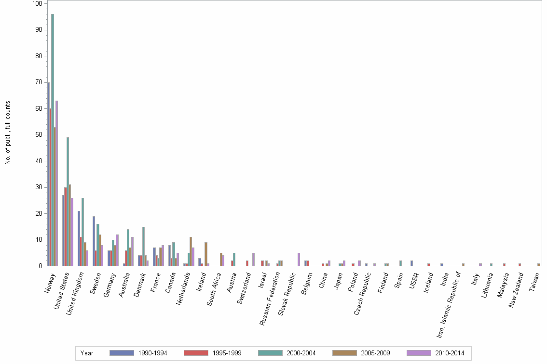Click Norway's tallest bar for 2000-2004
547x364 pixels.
[53, 140]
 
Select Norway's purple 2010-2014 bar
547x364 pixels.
[57, 183]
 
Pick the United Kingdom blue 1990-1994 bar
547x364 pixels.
[79, 238]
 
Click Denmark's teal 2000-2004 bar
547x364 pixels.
[143, 246]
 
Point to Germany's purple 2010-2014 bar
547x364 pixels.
[117, 250]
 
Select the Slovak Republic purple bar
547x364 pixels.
[299, 259]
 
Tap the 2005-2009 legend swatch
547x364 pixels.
[344, 353]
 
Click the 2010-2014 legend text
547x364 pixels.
[450, 353]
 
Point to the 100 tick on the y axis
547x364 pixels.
[37, 3]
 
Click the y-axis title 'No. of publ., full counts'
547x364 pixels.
[8, 133]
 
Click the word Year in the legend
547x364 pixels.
[87, 353]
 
